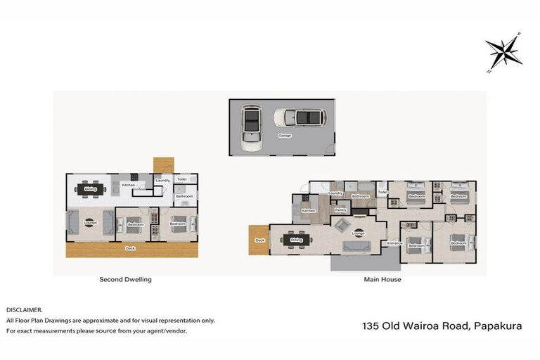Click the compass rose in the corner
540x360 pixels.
point(503,51)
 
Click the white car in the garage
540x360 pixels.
point(250,127)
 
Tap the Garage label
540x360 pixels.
point(284,134)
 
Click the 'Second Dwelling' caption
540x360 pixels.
point(125,279)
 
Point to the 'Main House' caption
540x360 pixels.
point(383,279)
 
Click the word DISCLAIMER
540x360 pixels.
point(24,309)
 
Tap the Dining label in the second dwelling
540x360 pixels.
point(91,189)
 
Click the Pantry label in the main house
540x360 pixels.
point(340,210)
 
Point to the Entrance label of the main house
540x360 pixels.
point(394,243)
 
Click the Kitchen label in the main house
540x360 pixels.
point(308,210)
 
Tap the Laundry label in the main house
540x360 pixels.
point(335,193)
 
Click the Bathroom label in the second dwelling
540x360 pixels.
point(184,196)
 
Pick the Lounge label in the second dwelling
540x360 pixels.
point(90,224)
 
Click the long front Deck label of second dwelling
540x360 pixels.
point(130,248)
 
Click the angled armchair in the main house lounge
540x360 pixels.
point(341,225)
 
